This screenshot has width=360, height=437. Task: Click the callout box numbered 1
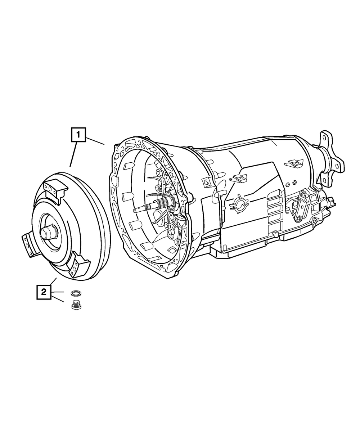click(x=78, y=135)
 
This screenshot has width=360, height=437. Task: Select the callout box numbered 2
click(x=44, y=292)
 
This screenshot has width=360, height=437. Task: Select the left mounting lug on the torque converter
click(x=29, y=243)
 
